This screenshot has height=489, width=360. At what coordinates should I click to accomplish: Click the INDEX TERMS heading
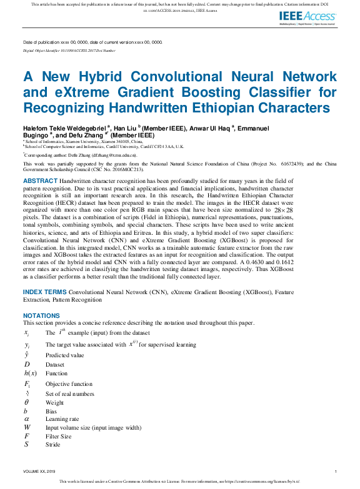(x=44, y=292)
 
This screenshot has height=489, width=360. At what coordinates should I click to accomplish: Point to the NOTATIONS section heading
(x=41, y=316)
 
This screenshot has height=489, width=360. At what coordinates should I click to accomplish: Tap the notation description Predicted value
(x=64, y=355)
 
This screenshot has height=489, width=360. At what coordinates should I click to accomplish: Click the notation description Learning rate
(x=62, y=419)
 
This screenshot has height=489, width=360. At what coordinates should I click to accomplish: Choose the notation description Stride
(x=54, y=444)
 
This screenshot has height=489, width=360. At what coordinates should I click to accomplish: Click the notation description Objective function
(x=69, y=384)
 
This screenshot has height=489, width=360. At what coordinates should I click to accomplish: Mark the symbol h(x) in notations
(x=29, y=373)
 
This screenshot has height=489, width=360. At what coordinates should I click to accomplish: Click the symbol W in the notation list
(x=27, y=428)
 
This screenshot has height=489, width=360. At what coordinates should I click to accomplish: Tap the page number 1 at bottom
(x=336, y=471)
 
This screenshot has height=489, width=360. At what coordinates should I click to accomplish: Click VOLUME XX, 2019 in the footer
(x=39, y=471)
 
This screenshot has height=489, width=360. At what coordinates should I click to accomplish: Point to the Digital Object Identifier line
(x=69, y=49)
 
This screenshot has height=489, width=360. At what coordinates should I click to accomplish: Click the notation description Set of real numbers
(x=69, y=393)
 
